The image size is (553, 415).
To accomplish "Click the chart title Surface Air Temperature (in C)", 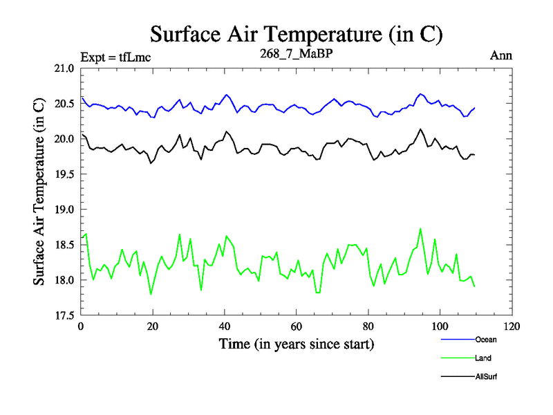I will tap(296, 34).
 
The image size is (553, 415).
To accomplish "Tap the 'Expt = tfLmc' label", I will tap(115, 57).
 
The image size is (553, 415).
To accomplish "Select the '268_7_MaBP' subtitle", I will tap(297, 55).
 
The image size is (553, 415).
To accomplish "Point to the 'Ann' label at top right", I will tap(500, 56).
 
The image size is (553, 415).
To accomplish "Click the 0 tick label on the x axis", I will tap(81, 326).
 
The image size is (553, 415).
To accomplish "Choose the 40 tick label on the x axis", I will tap(225, 326).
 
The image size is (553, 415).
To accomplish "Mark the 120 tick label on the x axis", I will tap(512, 326).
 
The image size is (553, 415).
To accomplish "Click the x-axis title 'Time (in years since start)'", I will tap(296, 343).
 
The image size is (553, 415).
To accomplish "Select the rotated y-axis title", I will tap(39, 192).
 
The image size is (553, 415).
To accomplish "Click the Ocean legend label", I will tap(485, 340).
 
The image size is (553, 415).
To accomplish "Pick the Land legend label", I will tap(483, 358).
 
